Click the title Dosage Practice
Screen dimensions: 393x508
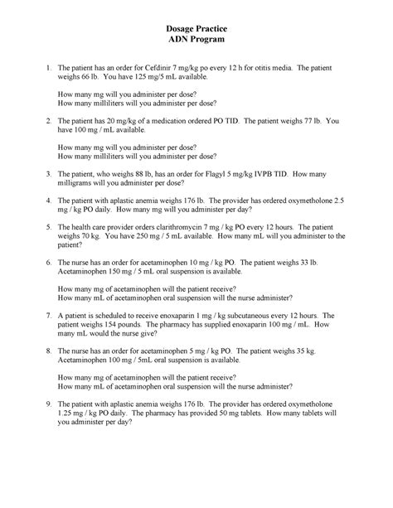pos(196,30)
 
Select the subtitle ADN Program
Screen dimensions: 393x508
pos(196,42)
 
